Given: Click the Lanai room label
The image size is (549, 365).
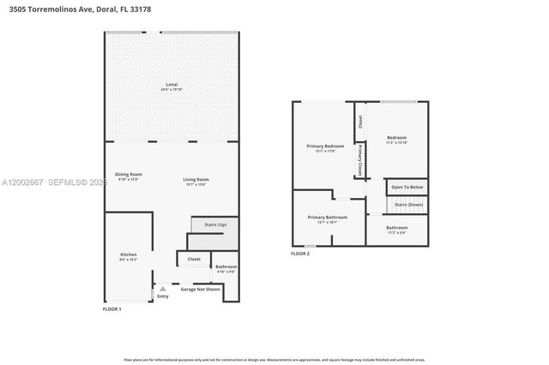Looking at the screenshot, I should (x=172, y=86).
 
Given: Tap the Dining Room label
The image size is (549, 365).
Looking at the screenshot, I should (x=130, y=175).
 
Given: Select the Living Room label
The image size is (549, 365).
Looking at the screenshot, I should (x=196, y=181).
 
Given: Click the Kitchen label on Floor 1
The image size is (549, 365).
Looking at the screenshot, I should (x=128, y=256).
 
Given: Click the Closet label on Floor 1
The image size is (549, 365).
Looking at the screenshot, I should (x=194, y=259).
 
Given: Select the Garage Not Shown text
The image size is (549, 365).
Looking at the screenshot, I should (x=200, y=290).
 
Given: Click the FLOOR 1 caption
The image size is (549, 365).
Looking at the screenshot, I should (x=112, y=308).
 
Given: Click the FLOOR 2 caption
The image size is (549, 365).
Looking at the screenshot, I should (x=300, y=254).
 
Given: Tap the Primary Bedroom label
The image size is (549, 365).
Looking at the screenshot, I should (x=325, y=147).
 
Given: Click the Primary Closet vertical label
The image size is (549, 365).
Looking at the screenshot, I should (x=360, y=159).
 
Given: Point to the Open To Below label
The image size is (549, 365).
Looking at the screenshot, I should (x=407, y=187).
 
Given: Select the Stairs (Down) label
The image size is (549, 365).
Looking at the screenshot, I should (x=408, y=205).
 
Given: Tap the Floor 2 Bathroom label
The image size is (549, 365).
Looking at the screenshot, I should (x=396, y=229).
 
